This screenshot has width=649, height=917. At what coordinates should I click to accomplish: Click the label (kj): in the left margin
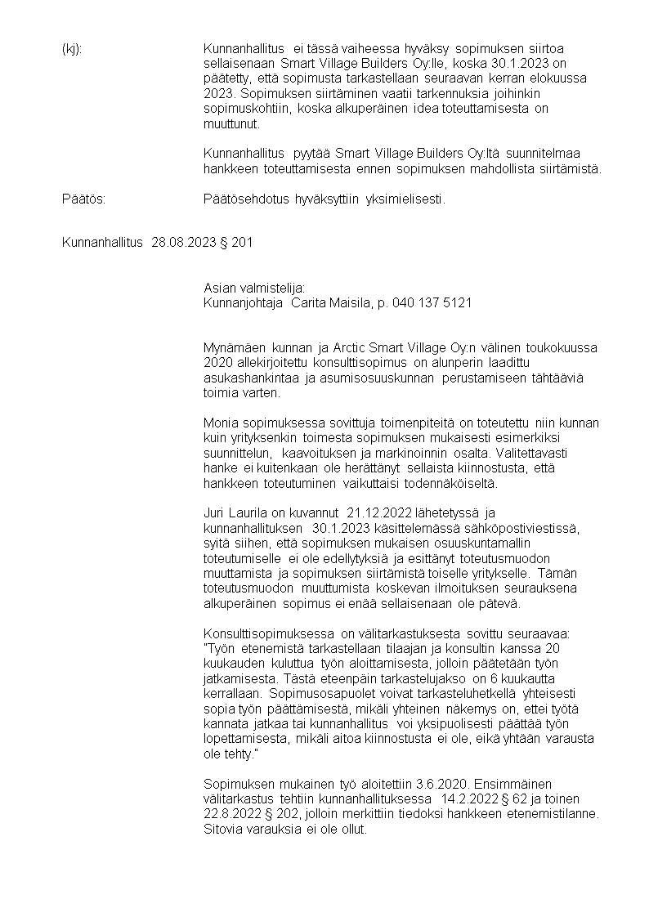72,49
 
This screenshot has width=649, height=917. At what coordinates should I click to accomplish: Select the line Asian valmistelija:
253,288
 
